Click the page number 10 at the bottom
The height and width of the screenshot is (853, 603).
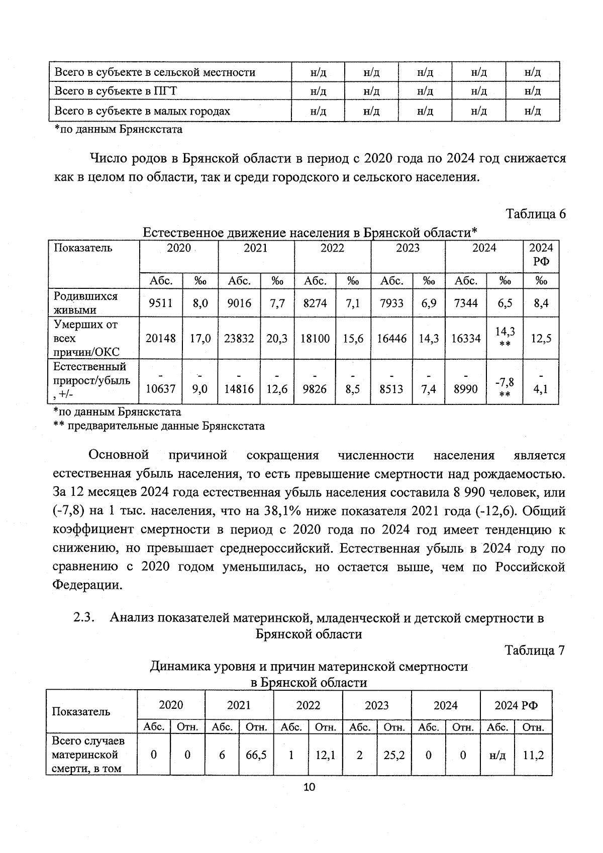click(x=309, y=787)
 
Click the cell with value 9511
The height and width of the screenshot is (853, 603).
click(x=160, y=303)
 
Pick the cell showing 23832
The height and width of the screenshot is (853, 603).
click(x=239, y=339)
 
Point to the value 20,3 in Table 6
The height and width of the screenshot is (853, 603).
click(x=277, y=339)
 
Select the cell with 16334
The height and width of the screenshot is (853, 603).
click(x=466, y=339)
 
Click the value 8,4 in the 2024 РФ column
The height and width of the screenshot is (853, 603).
click(x=541, y=303)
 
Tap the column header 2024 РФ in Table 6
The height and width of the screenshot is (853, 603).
click(x=541, y=255)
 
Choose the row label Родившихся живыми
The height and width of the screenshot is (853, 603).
click(x=85, y=303)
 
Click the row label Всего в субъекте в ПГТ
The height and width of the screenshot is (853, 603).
click(x=116, y=91)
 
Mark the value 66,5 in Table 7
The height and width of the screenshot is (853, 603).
click(x=256, y=755)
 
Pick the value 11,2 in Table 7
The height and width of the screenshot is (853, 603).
click(x=533, y=755)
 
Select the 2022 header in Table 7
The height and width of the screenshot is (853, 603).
click(x=308, y=705)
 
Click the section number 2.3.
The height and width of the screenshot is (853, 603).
click(x=84, y=617)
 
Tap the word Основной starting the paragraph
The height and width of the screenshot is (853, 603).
click(x=119, y=455)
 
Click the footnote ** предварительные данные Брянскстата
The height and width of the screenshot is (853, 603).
click(x=159, y=426)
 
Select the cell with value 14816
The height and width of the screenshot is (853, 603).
click(x=239, y=389)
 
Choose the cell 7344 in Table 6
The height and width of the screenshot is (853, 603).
click(x=466, y=303)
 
